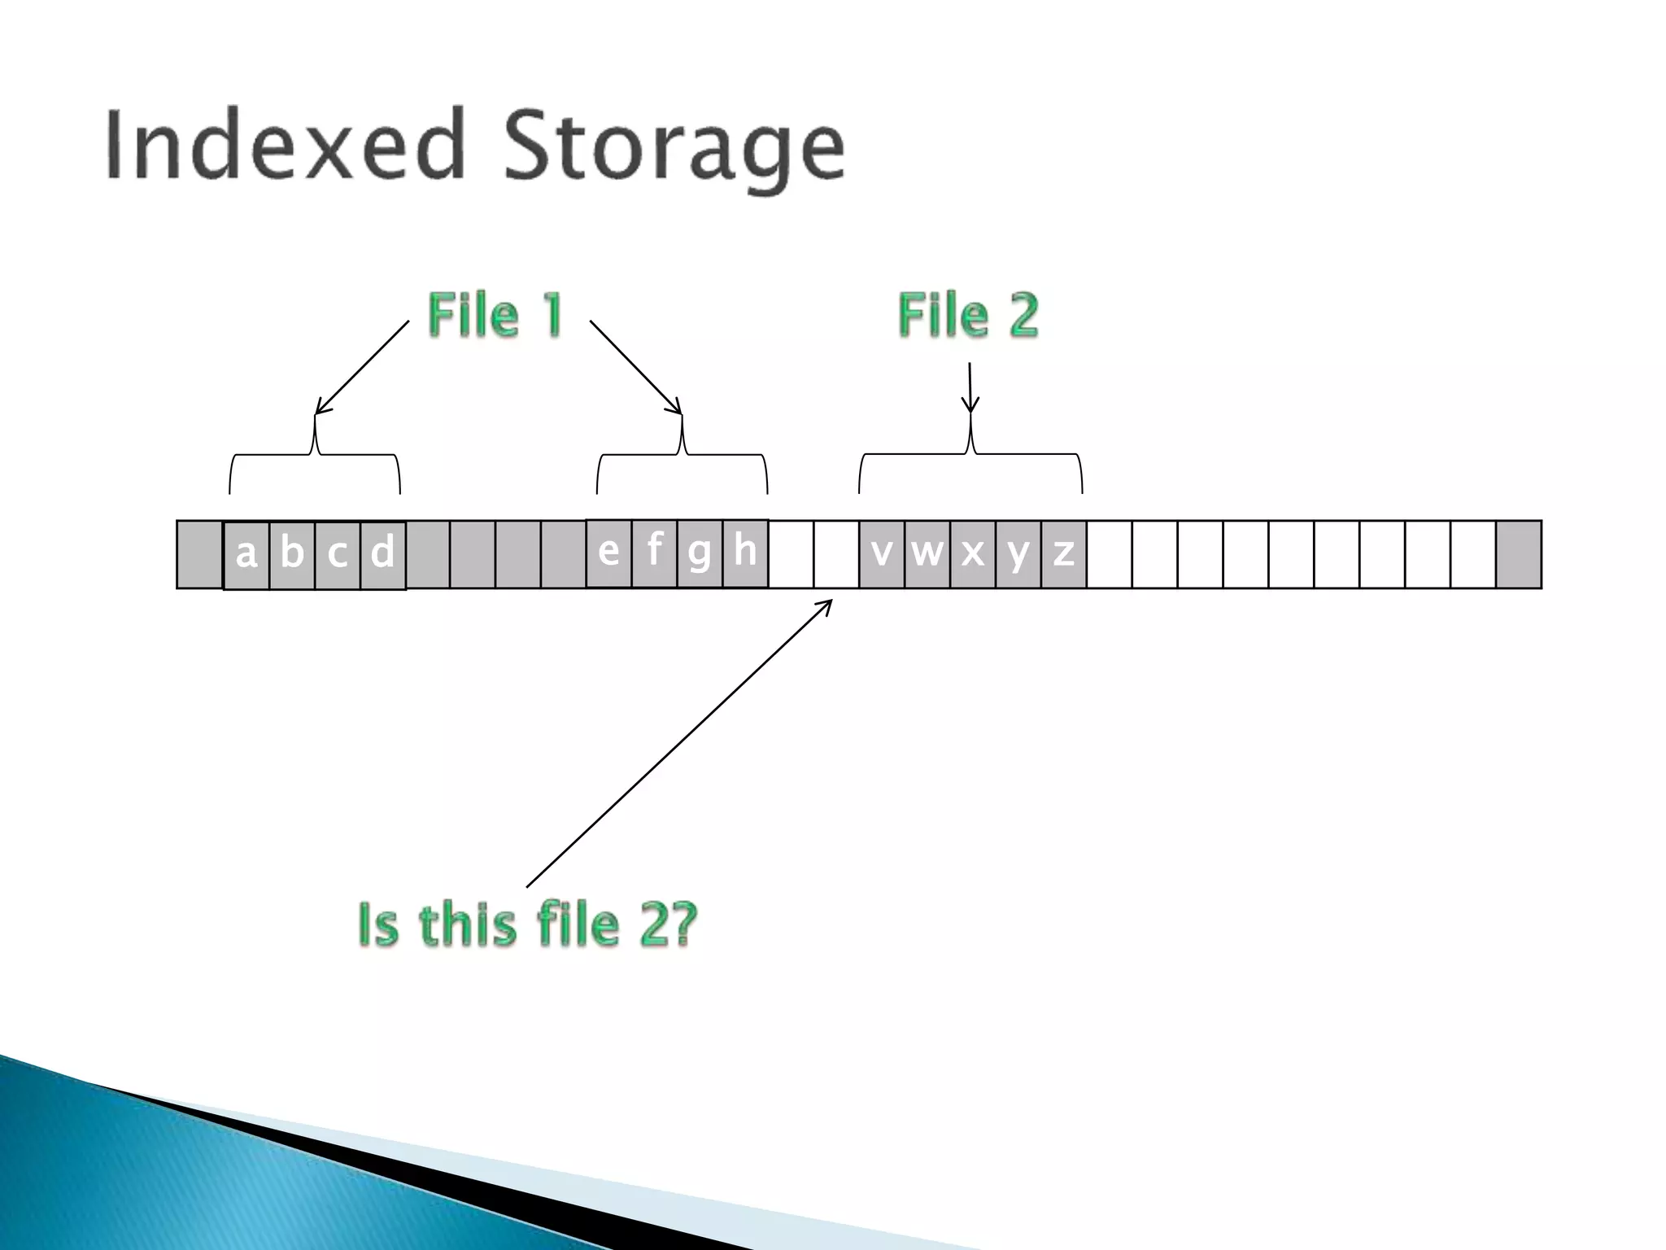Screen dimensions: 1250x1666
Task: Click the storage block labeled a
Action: (x=246, y=554)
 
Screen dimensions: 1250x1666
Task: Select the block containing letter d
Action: (x=382, y=554)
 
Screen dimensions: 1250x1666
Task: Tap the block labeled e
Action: (x=608, y=553)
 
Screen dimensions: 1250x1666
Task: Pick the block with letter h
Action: (x=745, y=553)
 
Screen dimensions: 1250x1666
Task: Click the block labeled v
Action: (x=881, y=554)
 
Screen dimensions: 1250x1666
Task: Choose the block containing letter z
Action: (x=1063, y=554)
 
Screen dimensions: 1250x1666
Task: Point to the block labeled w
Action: (x=927, y=554)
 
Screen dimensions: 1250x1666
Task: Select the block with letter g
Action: (x=700, y=553)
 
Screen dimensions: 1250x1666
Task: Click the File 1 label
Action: (x=495, y=315)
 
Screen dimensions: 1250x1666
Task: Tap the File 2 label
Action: (x=968, y=315)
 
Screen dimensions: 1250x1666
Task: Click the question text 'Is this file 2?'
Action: (x=527, y=924)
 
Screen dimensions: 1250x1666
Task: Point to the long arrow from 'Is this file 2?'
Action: (x=679, y=743)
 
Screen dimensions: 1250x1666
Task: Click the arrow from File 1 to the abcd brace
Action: (x=362, y=368)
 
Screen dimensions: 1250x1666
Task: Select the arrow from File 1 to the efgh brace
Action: (x=635, y=367)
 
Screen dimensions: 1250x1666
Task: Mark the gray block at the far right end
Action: (x=1518, y=554)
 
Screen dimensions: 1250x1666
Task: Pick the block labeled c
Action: (x=337, y=554)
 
